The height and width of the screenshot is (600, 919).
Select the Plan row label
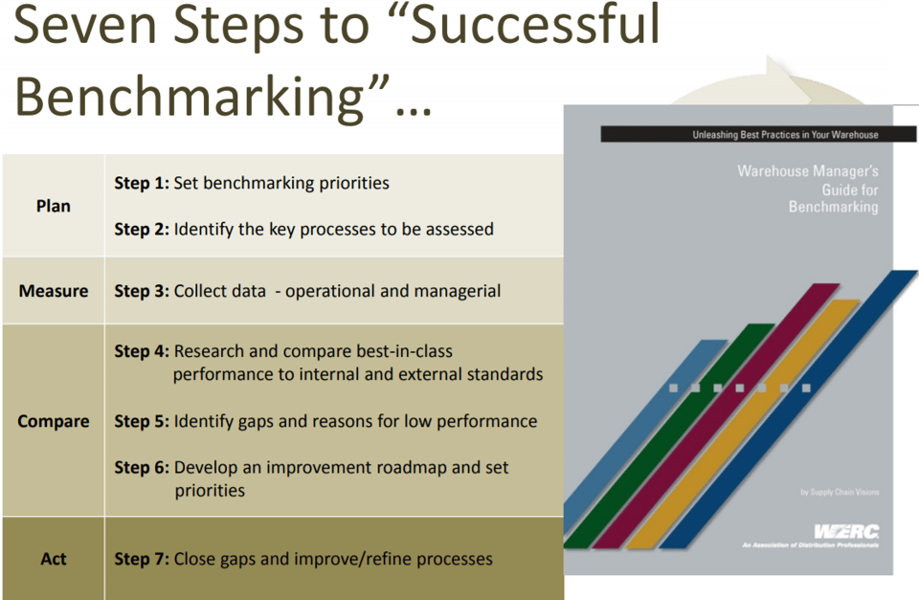[x=54, y=206]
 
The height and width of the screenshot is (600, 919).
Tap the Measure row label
[x=54, y=291]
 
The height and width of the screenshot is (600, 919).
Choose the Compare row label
[x=54, y=421]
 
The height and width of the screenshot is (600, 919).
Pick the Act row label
[x=54, y=558]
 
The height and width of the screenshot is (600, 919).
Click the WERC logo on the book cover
[x=846, y=532]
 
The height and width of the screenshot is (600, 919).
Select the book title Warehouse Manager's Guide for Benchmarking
[x=807, y=189]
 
